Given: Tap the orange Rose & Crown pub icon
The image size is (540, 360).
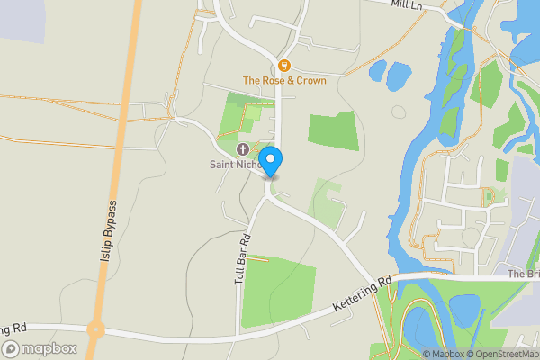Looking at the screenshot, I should (x=284, y=65).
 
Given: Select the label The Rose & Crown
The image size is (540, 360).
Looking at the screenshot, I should (x=284, y=80).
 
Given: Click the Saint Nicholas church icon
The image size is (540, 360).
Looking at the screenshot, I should (x=241, y=149).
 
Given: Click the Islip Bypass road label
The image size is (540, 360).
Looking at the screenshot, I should (x=111, y=229).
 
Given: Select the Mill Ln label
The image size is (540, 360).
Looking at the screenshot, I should (x=408, y=4).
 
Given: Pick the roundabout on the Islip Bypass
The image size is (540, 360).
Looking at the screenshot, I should (x=96, y=328).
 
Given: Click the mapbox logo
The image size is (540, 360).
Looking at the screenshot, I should (x=40, y=348).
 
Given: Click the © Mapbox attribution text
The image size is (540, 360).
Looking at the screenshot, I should (x=444, y=354).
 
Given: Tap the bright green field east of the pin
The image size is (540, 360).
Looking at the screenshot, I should (x=333, y=131).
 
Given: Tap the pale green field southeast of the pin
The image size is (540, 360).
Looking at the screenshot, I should (x=327, y=200).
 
